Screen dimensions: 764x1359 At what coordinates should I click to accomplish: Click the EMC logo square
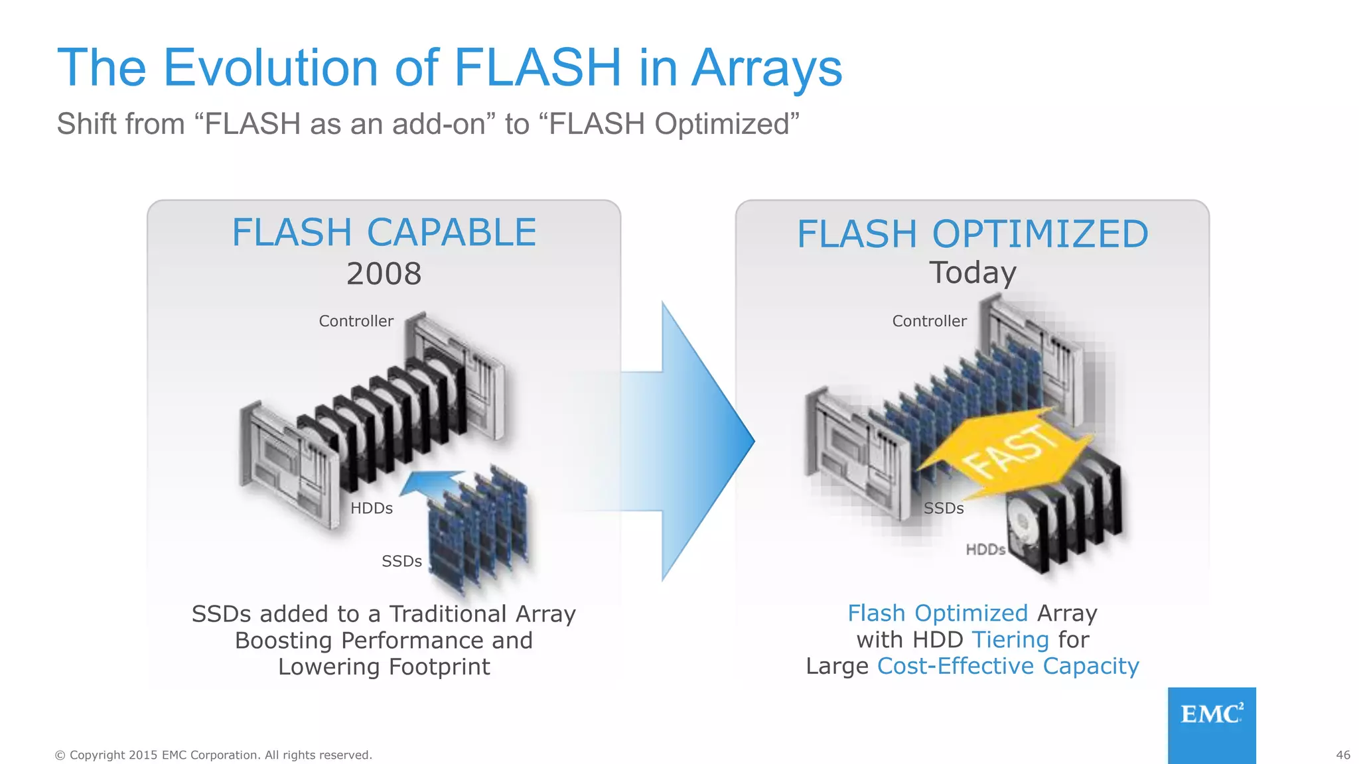point(1212,724)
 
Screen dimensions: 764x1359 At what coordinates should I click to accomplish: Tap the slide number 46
point(1342,755)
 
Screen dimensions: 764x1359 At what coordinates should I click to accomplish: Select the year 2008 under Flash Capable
point(384,274)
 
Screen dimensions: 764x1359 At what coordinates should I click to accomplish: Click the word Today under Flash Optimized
point(972,273)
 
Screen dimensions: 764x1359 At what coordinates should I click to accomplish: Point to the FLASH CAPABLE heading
point(384,233)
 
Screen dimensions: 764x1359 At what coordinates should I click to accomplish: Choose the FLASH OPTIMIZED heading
point(972,234)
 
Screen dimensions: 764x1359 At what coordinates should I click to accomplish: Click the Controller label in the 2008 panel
point(356,321)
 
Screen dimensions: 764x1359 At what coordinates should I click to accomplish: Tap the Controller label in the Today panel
point(929,321)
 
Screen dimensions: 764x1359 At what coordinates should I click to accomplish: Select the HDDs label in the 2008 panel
point(372,508)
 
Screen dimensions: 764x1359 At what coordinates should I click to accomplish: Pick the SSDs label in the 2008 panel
point(401,561)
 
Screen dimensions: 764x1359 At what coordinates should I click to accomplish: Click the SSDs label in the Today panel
point(944,508)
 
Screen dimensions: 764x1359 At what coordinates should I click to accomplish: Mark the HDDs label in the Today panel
point(985,549)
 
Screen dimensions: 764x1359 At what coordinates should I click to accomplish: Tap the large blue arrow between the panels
point(697,441)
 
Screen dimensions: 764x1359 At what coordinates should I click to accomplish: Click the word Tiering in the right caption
point(1010,640)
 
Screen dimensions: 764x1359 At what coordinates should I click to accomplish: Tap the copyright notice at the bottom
point(213,755)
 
